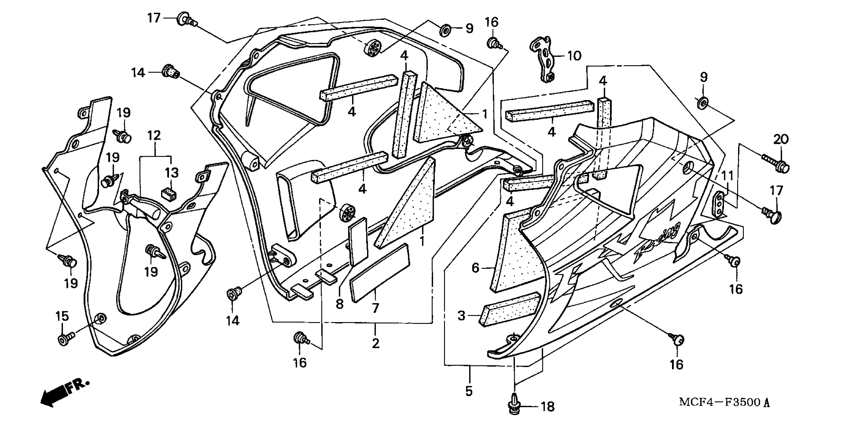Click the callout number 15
point(62,316)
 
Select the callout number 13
point(171,172)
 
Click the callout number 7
point(375,308)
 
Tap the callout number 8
point(339,304)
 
